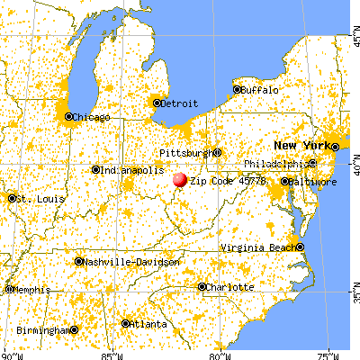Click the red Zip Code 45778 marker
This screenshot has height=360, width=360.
pos(180,180)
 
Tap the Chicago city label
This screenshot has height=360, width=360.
pos(92,117)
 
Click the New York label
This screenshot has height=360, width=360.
pos(301,146)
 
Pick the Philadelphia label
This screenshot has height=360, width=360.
pos(276,164)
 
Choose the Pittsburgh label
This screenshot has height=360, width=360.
pos(183,153)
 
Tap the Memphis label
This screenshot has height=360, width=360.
pos(31,290)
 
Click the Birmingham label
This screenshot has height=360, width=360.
pos(41,329)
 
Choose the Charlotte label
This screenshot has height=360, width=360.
pos(229,287)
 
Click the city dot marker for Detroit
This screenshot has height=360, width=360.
pos(157,103)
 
